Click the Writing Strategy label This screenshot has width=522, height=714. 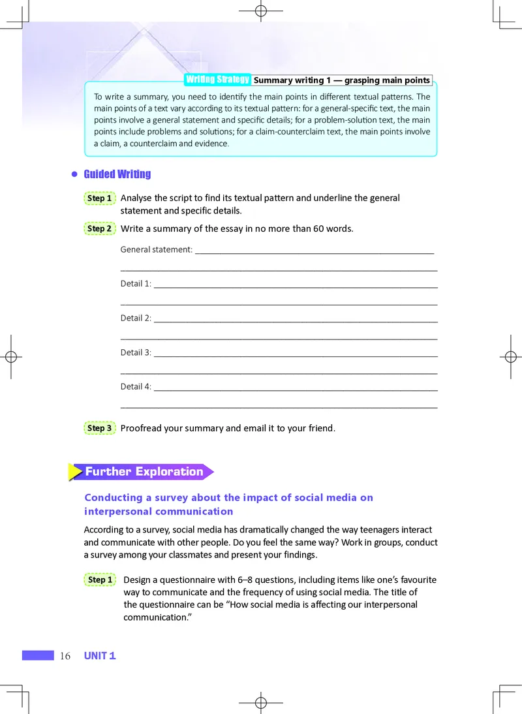(218, 80)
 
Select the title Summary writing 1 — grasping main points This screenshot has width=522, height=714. (342, 80)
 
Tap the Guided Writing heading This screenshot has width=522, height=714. (117, 174)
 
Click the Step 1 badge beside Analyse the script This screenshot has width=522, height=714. (100, 198)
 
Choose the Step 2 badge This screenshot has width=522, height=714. (100, 228)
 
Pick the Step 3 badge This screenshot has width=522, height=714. (100, 428)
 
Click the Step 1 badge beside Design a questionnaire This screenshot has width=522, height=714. (100, 580)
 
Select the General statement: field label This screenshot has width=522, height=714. (157, 249)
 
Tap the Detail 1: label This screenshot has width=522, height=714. (136, 284)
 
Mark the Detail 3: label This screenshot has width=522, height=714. (136, 352)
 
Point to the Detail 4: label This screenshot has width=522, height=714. (136, 386)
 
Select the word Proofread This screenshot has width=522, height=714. (144, 428)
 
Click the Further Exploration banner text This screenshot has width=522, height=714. (144, 471)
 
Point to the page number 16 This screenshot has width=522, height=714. (65, 656)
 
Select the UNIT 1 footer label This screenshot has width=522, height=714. (100, 656)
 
